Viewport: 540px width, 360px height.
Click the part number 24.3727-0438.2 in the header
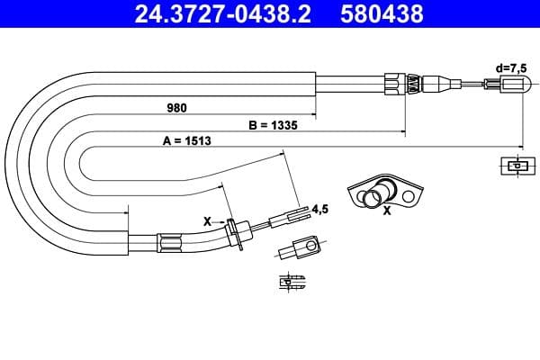213,15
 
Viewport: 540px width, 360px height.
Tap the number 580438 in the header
380,15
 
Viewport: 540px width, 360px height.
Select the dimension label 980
176,108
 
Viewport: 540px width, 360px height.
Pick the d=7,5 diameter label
513,67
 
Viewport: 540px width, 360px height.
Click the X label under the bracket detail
387,212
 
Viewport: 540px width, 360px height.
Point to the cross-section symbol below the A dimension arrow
515,166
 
